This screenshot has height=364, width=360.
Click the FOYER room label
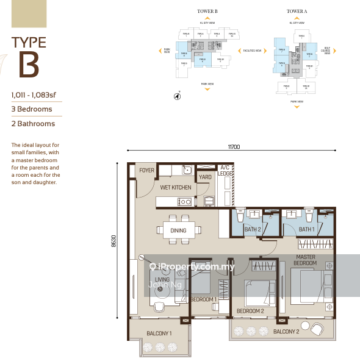pos(146,171)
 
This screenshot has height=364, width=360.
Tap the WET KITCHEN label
pos(176,188)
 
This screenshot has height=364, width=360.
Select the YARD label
pos(205,178)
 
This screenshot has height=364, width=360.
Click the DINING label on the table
pos(178,230)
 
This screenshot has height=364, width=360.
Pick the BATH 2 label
pos(253,229)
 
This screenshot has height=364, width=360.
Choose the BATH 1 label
pos(307,229)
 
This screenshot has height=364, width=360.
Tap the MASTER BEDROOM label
pos(306,260)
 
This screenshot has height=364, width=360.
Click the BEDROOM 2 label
pos(250,311)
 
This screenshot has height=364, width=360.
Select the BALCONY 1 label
pos(159,334)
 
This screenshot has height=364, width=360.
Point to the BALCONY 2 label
pos(286,331)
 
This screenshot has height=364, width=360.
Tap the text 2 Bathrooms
pos(33,124)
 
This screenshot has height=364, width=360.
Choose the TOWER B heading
pos(207,11)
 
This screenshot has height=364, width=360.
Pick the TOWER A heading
pos(297,11)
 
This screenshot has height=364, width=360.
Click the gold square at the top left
pos(24,13)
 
